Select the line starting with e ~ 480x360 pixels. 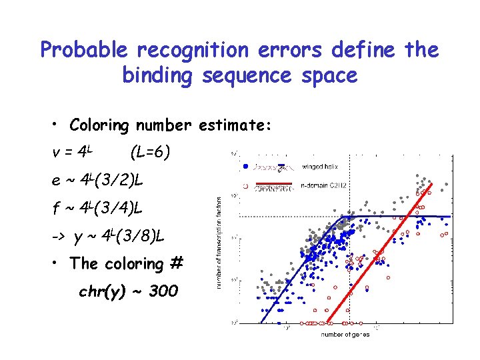(97, 180)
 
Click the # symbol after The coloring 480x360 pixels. (176, 263)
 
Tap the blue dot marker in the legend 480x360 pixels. (246, 166)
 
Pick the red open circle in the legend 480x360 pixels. (246, 186)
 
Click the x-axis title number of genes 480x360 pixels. (345, 334)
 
